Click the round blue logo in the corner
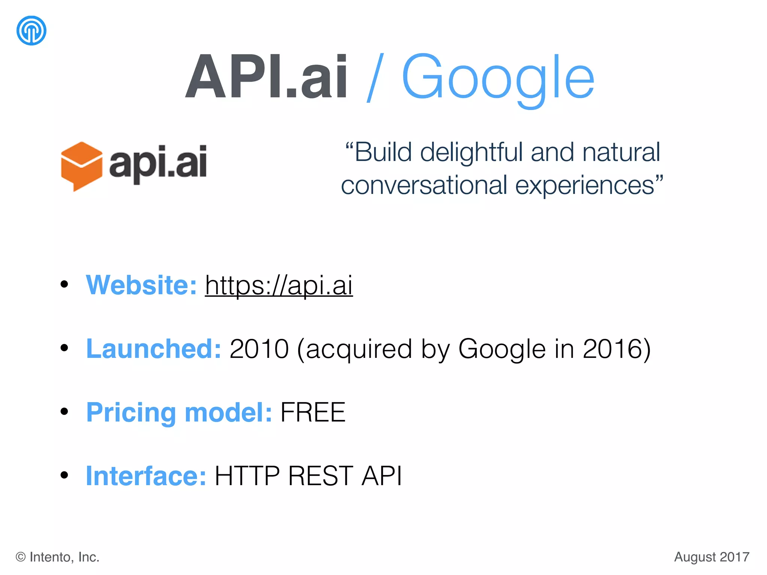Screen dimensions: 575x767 (31, 30)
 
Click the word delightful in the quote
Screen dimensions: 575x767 (473, 153)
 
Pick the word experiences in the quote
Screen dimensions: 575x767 (584, 185)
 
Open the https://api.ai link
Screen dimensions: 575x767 (279, 285)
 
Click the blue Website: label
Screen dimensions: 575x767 (141, 285)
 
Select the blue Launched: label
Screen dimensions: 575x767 (154, 349)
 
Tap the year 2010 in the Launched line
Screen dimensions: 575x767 (259, 349)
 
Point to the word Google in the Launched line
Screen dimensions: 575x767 (502, 349)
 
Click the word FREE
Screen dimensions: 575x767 (313, 413)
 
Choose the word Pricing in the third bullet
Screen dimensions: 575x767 (131, 413)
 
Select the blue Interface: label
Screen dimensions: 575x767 (146, 476)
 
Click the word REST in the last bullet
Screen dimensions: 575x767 (320, 476)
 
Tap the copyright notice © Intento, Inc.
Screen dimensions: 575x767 (57, 557)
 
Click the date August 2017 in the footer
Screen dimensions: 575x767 (712, 557)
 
